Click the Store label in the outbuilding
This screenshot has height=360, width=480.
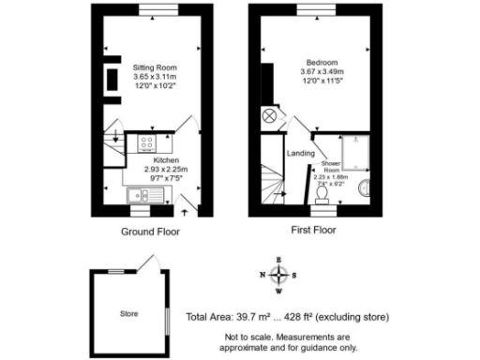pyautogui.click(x=128, y=313)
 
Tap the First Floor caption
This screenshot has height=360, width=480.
pyautogui.click(x=312, y=230)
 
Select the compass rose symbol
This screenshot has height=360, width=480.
pyautogui.click(x=278, y=275)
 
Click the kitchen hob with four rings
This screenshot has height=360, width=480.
pyautogui.click(x=148, y=143)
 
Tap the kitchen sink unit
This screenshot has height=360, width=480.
pyautogui.click(x=145, y=196)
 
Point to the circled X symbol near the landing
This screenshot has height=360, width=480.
pyautogui.click(x=270, y=115)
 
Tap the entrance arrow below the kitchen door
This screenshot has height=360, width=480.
pyautogui.click(x=184, y=214)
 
